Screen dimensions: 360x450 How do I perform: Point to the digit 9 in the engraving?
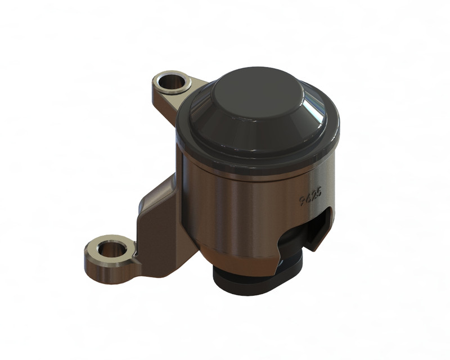302,201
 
